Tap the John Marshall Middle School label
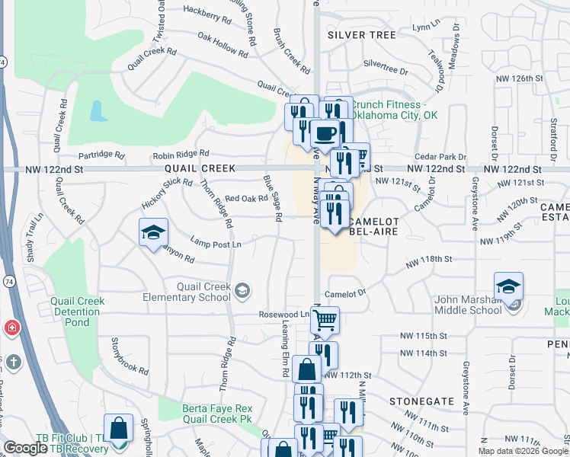point(468,305)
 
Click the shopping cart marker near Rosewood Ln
point(324,320)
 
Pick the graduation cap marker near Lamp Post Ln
point(153,233)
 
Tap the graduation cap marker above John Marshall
point(508,287)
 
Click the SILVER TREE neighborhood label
point(361,35)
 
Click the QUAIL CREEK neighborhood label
point(192,168)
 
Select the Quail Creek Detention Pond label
point(77,307)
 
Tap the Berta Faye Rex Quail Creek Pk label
point(216,414)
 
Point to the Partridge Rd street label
point(101,155)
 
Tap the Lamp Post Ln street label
point(216,244)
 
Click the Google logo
point(25,448)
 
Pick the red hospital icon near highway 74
point(11,329)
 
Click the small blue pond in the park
point(98,112)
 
